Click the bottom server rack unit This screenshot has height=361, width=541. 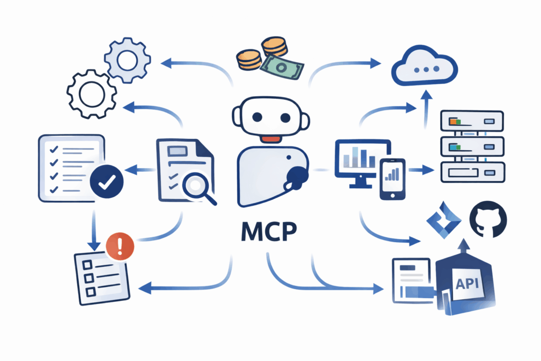[x=471, y=171]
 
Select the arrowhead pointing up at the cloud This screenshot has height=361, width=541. [x=425, y=95]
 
